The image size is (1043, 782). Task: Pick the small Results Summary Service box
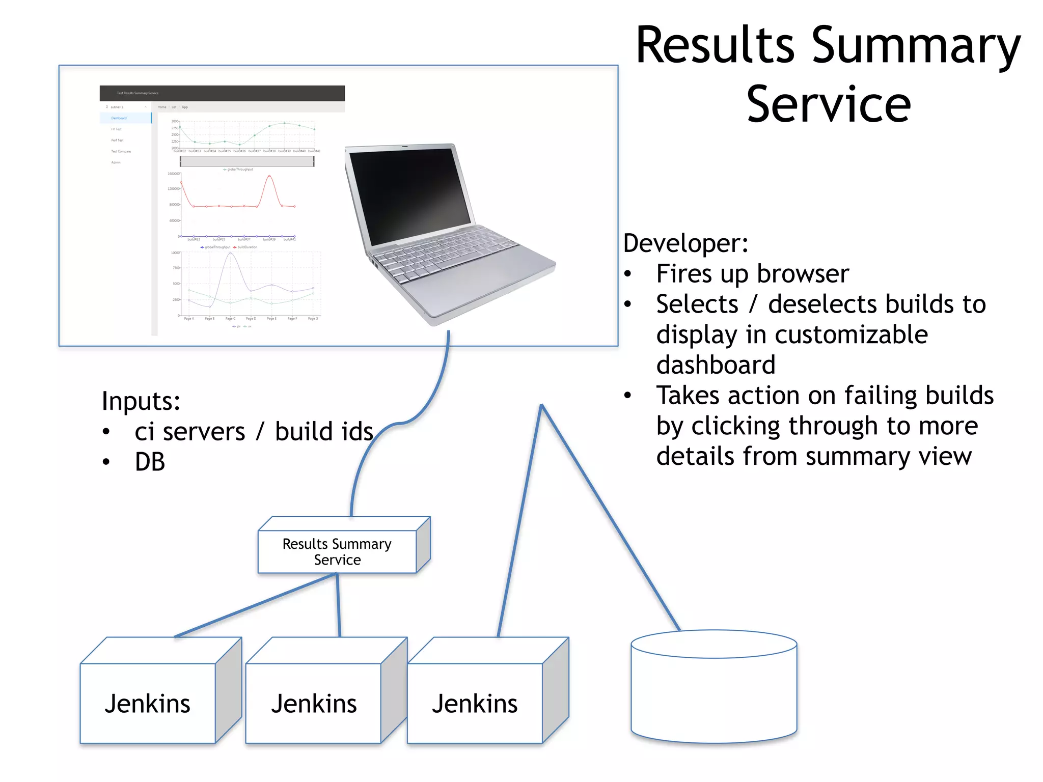[337, 552]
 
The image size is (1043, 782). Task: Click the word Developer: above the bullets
[685, 243]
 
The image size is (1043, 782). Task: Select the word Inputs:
[141, 401]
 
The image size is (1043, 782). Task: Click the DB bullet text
[150, 462]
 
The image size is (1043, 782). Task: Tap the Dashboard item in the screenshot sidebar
[119, 118]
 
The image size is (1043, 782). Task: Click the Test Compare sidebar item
[121, 151]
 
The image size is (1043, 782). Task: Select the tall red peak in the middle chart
[269, 177]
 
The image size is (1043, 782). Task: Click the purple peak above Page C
[231, 253]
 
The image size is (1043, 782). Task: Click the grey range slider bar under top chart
[247, 161]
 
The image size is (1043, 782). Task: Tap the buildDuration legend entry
[247, 247]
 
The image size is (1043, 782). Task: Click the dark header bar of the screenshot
[222, 93]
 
